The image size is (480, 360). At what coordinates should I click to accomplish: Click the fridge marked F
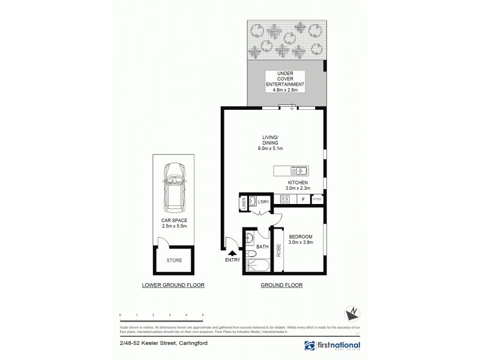304,200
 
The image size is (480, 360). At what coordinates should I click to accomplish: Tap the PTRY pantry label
318,200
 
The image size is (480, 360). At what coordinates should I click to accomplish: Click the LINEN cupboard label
244,203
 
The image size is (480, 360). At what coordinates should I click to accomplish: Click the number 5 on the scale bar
203,314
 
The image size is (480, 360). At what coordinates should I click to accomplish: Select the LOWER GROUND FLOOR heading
173,286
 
